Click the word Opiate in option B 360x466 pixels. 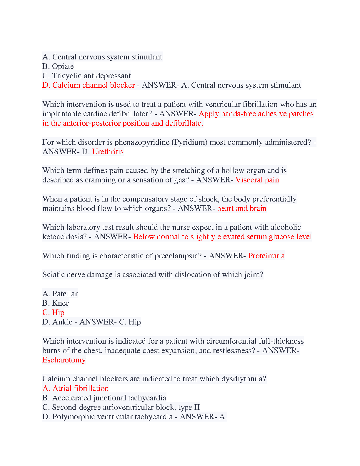pos(63,66)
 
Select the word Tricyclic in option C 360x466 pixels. pos(67,76)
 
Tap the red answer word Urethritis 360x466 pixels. pos(108,152)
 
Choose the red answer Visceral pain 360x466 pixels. pos(257,180)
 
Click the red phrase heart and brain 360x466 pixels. pos(241,208)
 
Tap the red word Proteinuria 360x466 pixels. pos(266,256)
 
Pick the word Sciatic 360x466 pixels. pos(52,274)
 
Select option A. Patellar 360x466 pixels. pos(60,294)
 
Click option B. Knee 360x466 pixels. pos(56,303)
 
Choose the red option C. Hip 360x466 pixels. pos(53,312)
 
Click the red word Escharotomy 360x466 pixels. pos(64,360)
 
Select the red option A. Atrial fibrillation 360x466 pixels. pos(76,388)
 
